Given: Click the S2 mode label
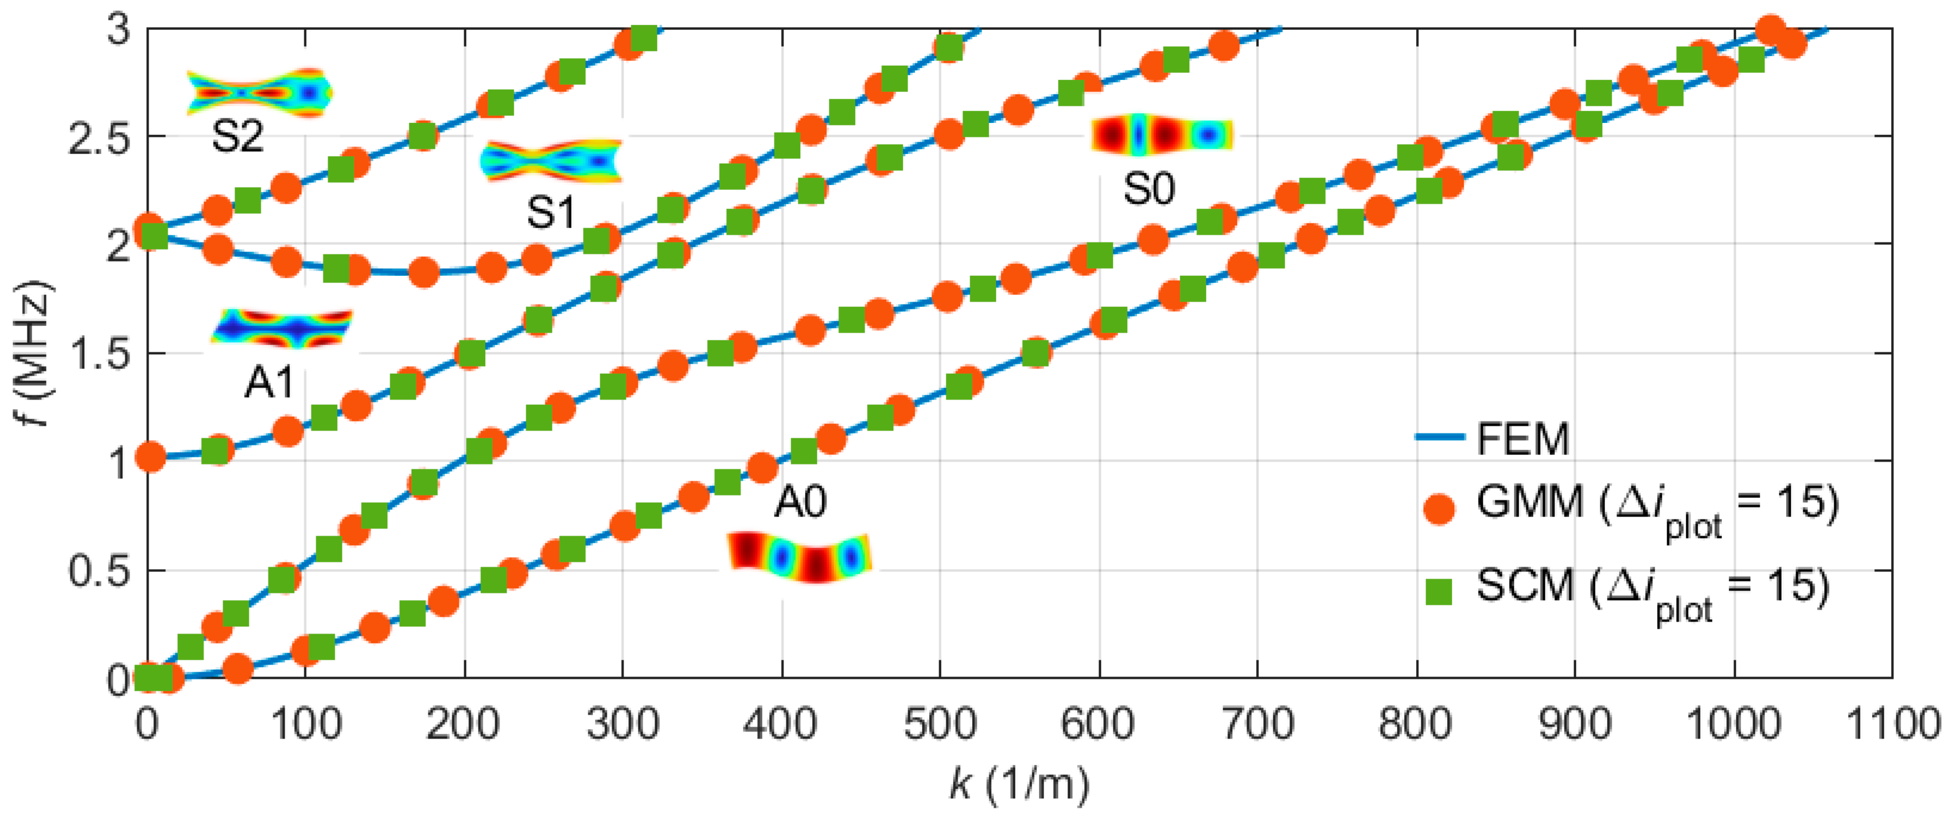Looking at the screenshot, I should tap(238, 137).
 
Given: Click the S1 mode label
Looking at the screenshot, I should tap(551, 212).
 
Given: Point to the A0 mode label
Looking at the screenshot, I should tap(800, 502).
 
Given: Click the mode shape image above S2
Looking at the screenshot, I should tap(259, 93).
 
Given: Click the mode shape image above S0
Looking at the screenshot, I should tap(1162, 136).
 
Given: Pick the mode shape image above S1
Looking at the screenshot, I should tap(551, 161).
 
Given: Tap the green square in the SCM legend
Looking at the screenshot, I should tap(1439, 591).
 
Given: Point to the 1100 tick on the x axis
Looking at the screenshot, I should tap(1892, 724).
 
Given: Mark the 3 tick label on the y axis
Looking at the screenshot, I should tap(118, 32).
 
